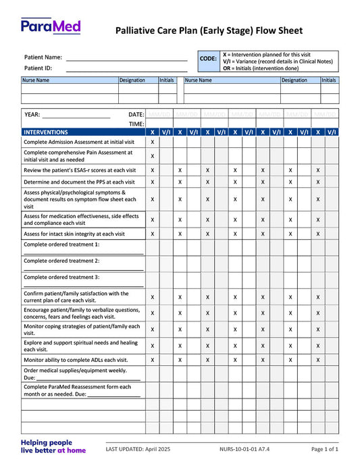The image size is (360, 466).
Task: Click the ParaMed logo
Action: [x=51, y=27]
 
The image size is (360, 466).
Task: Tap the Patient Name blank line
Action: [x=126, y=58]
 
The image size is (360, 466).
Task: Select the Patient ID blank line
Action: [x=126, y=68]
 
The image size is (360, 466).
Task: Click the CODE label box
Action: [x=208, y=59]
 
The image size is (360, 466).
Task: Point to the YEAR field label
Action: [x=32, y=114]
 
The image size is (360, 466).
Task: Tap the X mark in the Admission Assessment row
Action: [x=152, y=143]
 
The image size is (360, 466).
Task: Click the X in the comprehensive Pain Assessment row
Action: [x=152, y=156]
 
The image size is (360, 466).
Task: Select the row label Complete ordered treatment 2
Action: [x=61, y=261]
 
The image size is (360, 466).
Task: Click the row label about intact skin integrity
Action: [x=74, y=234]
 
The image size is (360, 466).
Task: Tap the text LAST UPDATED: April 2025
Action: [x=143, y=449]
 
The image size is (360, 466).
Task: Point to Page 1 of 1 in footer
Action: [x=324, y=449]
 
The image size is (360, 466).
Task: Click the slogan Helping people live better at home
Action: [x=53, y=446]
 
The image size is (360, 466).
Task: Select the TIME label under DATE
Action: [x=136, y=124]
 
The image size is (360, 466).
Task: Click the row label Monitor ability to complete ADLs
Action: [x=76, y=360]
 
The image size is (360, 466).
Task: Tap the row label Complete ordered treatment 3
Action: [x=61, y=277]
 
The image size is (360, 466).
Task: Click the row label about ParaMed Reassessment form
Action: [x=78, y=390]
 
